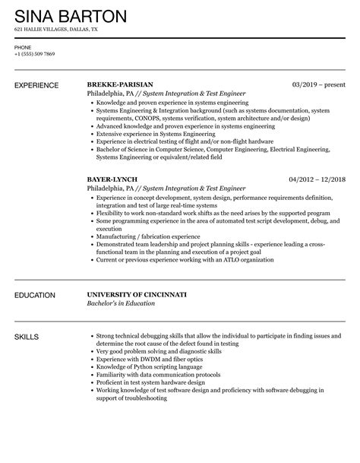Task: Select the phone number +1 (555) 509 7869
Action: click(34, 55)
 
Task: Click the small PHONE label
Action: click(22, 47)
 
